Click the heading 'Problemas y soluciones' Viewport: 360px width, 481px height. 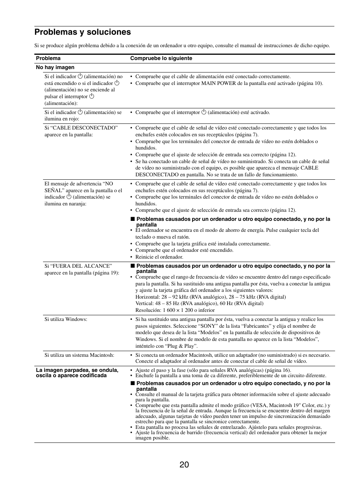coord(82,32)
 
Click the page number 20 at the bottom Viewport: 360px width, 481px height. coord(184,465)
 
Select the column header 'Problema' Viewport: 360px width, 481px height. coord(48,59)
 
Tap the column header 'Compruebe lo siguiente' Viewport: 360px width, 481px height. coord(161,59)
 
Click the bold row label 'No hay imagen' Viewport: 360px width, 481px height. coord(55,68)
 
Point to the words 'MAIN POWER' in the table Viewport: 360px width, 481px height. coord(218,83)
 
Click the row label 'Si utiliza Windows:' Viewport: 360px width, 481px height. coord(66,319)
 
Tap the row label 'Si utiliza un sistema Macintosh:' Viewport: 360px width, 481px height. coord(79,355)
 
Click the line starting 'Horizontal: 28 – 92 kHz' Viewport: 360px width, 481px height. coord(211,297)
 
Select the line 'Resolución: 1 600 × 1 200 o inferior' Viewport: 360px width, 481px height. coord(175,310)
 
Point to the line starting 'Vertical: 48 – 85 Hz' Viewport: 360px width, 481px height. coord(199,304)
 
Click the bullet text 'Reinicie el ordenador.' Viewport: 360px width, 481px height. coord(159,257)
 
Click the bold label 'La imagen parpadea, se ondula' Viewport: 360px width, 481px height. coord(77,370)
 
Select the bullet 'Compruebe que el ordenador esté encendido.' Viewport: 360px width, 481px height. coord(184,250)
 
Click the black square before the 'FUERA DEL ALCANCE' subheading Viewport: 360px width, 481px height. coord(132,266)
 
